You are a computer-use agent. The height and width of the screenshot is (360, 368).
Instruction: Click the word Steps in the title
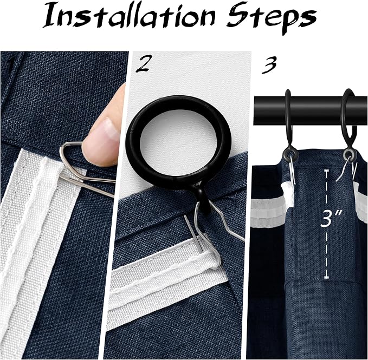click(x=272, y=18)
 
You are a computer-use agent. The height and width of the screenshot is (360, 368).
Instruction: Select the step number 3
click(x=269, y=65)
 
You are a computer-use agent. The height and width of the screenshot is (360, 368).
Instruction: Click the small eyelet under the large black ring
click(x=203, y=199)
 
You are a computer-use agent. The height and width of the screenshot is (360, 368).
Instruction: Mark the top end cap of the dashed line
click(x=326, y=171)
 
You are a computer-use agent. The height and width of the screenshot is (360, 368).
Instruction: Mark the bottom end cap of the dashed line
click(x=326, y=278)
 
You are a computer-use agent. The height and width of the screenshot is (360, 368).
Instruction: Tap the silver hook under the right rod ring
click(x=345, y=169)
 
